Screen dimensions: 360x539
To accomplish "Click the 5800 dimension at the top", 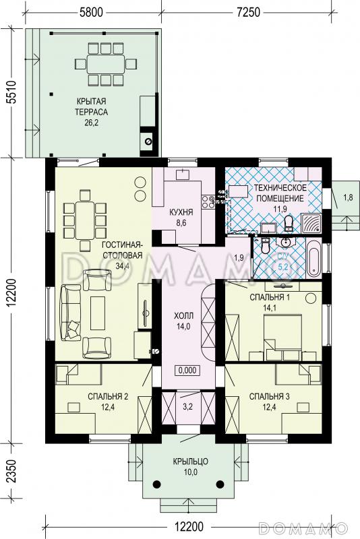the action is coord(91,12).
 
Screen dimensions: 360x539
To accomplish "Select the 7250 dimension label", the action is coord(248,12).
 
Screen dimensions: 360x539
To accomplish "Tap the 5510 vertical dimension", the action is coord(11,92).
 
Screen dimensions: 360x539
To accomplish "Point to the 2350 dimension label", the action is coord(11,471).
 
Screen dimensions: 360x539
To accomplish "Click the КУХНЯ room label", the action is coord(181,212).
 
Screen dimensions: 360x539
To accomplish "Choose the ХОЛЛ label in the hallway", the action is coord(183,315).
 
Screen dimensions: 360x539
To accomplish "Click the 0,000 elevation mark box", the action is coord(187,370).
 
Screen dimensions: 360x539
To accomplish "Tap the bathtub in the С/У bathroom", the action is coord(313,259).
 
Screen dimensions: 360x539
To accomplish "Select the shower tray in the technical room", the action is coord(311,223).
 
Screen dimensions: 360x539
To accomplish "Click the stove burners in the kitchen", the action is coord(208,201).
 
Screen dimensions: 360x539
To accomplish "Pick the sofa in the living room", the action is coord(71,313).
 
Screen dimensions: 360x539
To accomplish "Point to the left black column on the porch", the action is coord(157,484).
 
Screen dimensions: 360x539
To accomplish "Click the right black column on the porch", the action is coord(220,484).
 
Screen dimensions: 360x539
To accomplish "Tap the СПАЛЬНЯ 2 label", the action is coord(108,397).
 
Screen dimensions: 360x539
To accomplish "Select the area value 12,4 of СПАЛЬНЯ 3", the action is coord(269,408).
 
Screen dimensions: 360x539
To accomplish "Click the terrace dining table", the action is coord(106,64).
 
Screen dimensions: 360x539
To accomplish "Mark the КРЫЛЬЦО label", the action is coord(191,462).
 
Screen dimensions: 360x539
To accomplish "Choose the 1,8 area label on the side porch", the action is coord(348,197).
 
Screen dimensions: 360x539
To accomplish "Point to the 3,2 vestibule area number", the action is coord(187,408).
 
